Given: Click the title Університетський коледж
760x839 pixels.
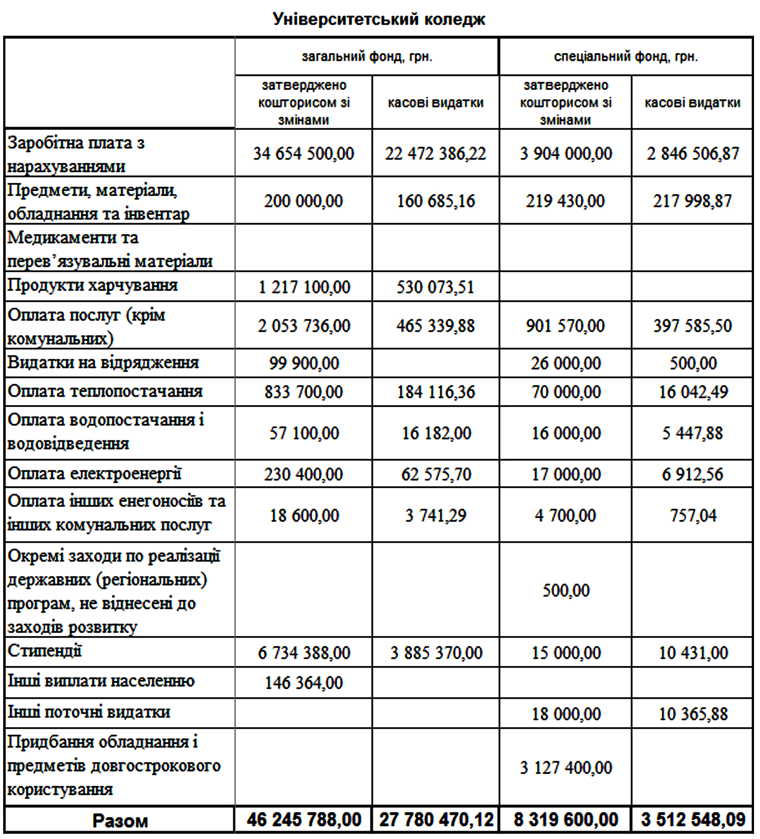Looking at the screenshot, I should point(379,19).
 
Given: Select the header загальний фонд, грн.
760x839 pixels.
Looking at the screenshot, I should point(367,56).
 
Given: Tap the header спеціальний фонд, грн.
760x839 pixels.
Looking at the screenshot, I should point(626,56).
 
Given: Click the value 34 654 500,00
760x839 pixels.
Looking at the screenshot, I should point(303,153).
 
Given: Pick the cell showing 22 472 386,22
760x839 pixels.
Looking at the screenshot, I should point(435,153).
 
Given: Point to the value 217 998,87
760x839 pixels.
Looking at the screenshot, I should point(692,201).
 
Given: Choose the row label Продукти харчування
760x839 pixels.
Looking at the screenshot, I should point(93,285).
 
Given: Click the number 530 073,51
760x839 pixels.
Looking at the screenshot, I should point(435,287).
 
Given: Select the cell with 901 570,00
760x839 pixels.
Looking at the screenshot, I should point(565,326).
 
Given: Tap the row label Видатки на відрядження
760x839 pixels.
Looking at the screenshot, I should point(103,363).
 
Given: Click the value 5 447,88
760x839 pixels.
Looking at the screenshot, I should point(692,433).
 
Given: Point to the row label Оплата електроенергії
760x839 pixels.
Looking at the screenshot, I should point(94,474).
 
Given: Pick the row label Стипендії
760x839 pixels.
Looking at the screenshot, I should point(44,651).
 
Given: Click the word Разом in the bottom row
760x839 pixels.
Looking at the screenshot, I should point(120,821).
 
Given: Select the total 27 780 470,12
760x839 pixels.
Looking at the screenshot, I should point(436,820).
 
